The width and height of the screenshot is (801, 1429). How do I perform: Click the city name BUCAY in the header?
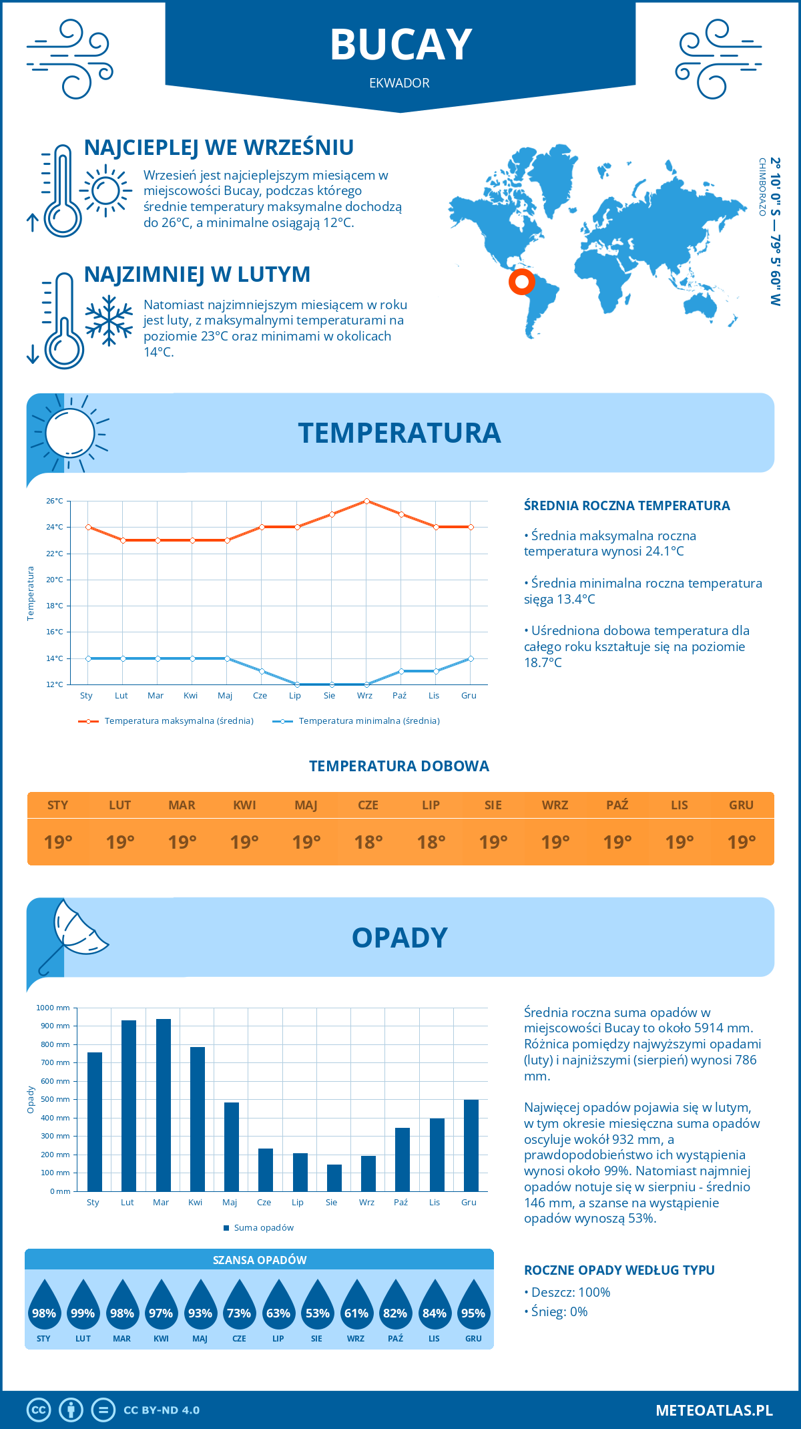(400, 45)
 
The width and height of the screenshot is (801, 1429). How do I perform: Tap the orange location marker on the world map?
(521, 282)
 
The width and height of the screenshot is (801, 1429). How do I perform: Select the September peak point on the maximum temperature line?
(366, 501)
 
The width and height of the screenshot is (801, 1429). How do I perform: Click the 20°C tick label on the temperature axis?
(55, 580)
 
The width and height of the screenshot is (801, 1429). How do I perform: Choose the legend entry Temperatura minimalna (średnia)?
(368, 721)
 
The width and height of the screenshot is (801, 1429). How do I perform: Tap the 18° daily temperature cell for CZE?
(368, 842)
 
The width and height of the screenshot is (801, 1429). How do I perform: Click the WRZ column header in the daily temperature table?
(555, 805)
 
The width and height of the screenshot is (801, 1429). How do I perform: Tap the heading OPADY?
(399, 938)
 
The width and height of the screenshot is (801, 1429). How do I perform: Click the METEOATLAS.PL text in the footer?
(714, 1410)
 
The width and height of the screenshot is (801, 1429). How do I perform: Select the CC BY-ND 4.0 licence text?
(162, 1410)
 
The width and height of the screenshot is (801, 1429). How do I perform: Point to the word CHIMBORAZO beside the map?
(762, 187)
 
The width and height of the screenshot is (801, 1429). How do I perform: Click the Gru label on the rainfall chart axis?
(469, 1203)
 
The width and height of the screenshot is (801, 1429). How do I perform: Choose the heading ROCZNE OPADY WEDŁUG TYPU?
(619, 1270)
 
